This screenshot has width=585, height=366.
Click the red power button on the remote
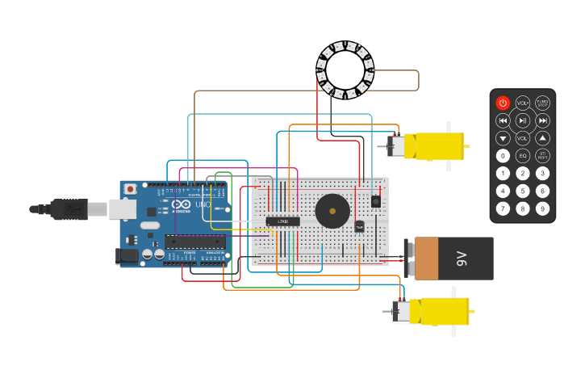503,103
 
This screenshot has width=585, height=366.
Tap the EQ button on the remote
523,156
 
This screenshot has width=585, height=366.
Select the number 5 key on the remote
523,191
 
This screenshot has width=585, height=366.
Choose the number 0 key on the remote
503,156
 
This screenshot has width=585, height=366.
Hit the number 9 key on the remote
543,208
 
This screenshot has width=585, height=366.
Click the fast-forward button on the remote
543,120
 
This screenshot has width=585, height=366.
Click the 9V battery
451,259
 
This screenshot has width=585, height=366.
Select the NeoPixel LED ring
345,71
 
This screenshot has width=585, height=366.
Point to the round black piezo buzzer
332,211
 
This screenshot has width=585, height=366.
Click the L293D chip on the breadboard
283,221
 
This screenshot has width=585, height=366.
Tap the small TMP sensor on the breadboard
359,227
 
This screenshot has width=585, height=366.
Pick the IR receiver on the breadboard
375,200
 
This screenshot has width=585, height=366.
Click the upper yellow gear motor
432,145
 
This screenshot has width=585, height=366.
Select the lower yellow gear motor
436,311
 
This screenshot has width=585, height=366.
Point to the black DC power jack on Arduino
127,256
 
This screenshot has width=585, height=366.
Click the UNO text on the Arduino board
203,204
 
